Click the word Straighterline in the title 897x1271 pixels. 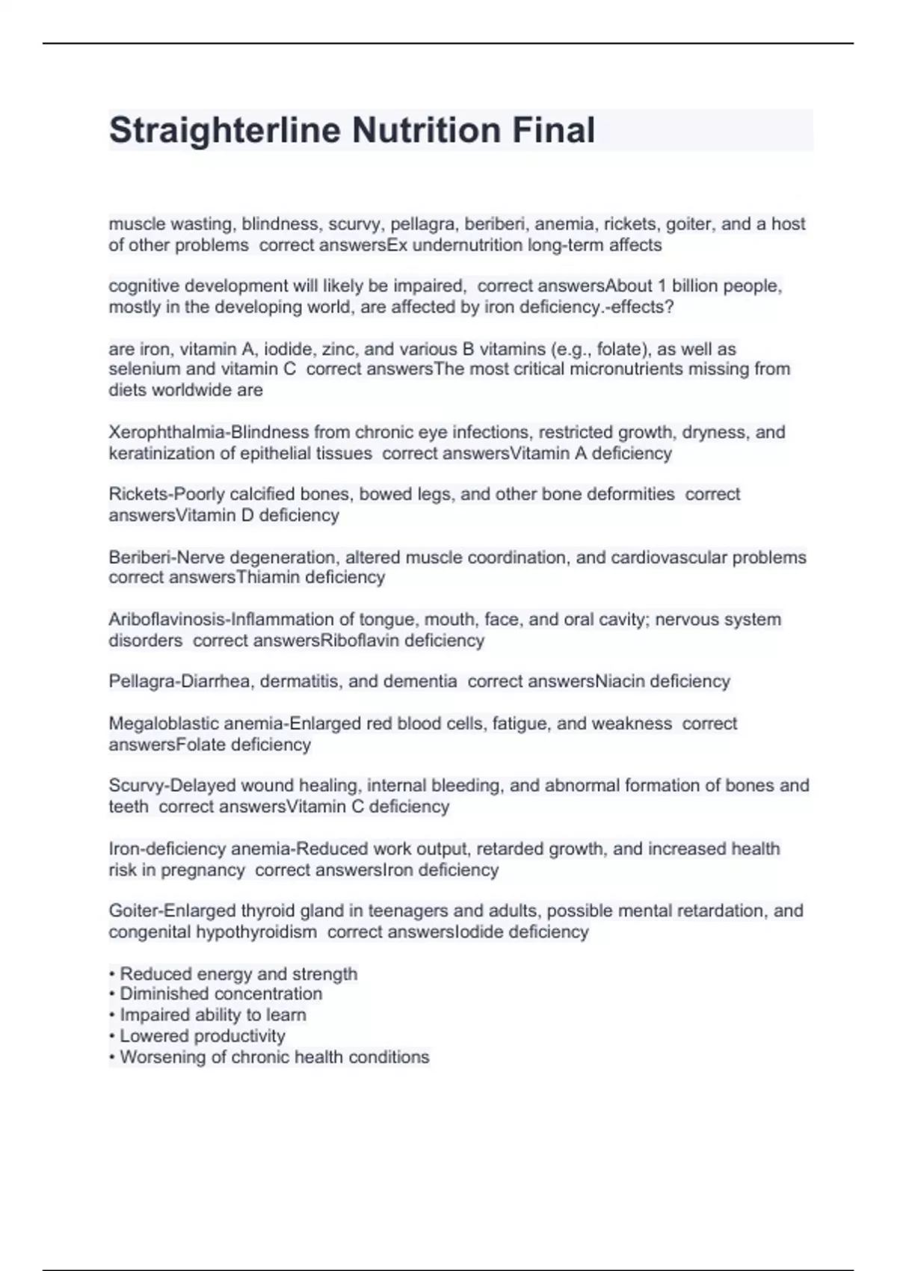[224, 130]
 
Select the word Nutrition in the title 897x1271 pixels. [426, 130]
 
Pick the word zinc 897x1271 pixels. [339, 349]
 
